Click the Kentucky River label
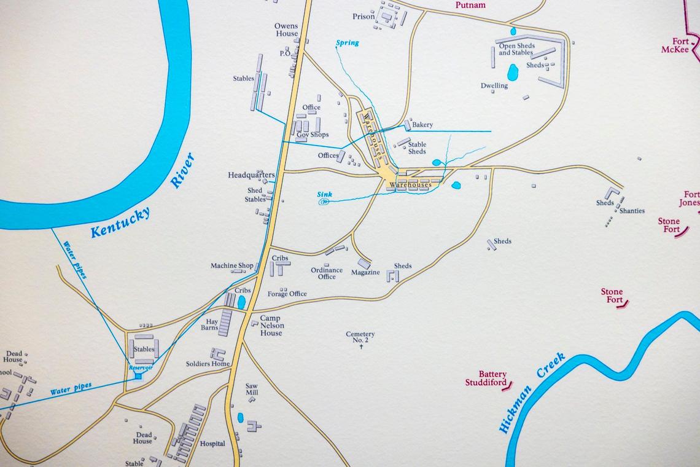(142, 197)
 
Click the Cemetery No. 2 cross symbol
(361, 348)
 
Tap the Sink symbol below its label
(324, 202)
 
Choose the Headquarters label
(251, 175)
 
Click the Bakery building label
(422, 125)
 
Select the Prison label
(364, 17)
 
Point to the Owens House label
(286, 30)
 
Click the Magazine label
(365, 272)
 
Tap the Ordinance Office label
(326, 273)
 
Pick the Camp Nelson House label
(271, 326)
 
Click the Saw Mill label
(252, 389)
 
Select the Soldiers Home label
(208, 364)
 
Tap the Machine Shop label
(231, 265)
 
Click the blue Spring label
(347, 43)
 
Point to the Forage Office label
(287, 294)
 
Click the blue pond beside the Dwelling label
(512, 73)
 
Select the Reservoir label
(140, 367)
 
